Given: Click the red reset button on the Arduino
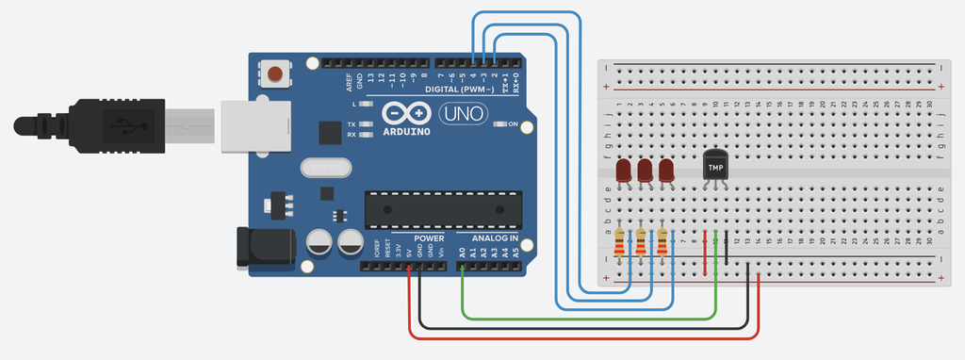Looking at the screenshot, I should point(275,73).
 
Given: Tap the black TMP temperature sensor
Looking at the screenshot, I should point(716,166).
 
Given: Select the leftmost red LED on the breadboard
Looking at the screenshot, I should point(624,171).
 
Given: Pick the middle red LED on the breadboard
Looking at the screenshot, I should point(646,171).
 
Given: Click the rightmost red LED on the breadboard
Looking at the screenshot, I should point(666,171).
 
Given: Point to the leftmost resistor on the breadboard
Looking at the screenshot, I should point(619,243).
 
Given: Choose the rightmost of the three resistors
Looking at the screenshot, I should point(662,243).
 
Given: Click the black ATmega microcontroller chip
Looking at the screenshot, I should point(443,209).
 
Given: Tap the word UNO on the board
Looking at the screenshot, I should point(464,114).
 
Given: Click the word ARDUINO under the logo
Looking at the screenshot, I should point(407,132).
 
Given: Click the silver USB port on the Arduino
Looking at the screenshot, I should point(254,124).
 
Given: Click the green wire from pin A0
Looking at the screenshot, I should point(584,318).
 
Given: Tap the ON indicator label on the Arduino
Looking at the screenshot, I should point(515,123).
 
